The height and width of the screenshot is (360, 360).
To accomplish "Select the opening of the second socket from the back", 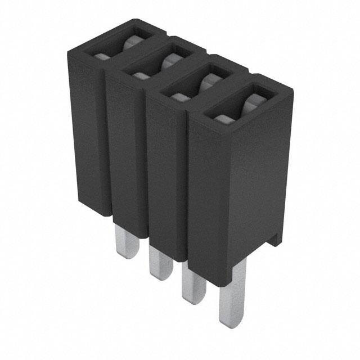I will pyautogui.click(x=158, y=64).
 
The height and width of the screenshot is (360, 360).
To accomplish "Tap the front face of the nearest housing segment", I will pyautogui.click(x=214, y=197).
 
